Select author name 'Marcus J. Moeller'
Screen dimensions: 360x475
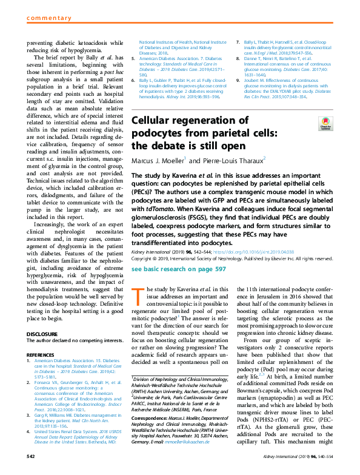pos(158,161)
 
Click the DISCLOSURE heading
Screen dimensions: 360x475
pos(41,333)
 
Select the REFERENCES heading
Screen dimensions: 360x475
pos(41,355)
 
